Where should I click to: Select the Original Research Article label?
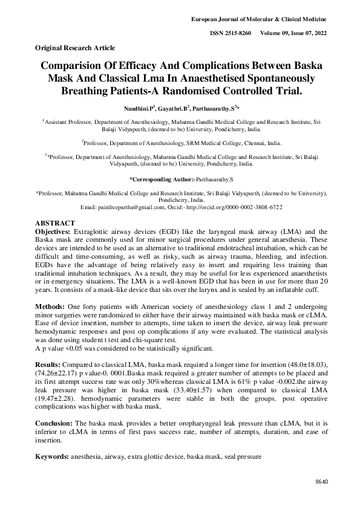coord(75,47)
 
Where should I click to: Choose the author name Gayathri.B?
coord(174,108)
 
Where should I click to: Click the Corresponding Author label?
coord(162,180)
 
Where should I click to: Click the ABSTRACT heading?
coord(55,223)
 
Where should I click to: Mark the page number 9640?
coord(321,482)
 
